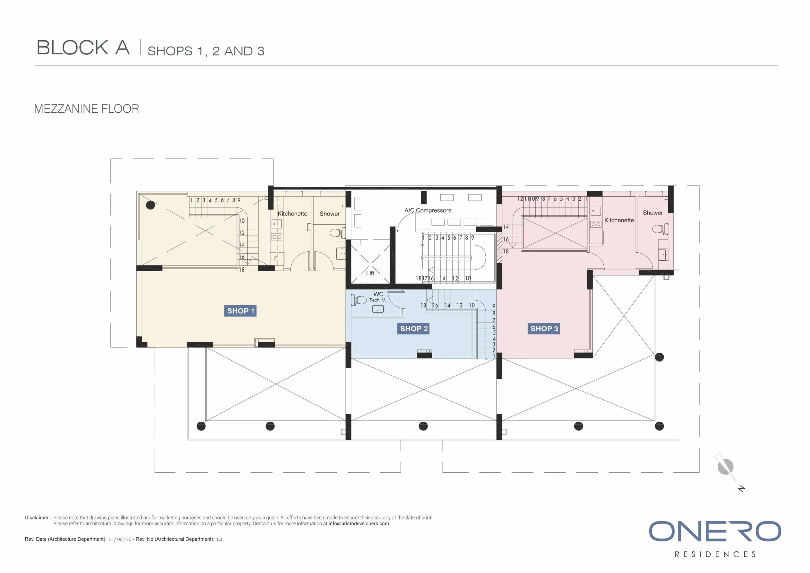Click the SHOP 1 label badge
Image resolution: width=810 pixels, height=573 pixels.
240,311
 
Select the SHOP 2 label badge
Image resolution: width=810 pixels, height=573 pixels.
414,328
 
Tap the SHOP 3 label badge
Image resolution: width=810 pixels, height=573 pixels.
544,328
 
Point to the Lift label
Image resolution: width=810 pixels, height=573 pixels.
370,273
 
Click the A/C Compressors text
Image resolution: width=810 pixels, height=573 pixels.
427,210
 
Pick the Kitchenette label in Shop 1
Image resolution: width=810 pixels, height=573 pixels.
292,214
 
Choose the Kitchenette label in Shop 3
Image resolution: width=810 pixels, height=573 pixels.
619,220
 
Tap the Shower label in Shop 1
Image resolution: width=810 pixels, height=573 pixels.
329,214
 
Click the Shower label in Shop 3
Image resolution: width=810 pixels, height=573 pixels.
653,213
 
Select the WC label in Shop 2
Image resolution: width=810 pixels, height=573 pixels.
378,294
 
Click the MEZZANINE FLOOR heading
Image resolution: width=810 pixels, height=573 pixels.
86,109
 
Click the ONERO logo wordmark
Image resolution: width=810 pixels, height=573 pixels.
715,531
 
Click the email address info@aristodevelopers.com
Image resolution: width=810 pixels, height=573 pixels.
358,524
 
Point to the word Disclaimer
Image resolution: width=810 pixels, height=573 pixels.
37,518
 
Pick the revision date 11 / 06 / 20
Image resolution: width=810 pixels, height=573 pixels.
120,539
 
